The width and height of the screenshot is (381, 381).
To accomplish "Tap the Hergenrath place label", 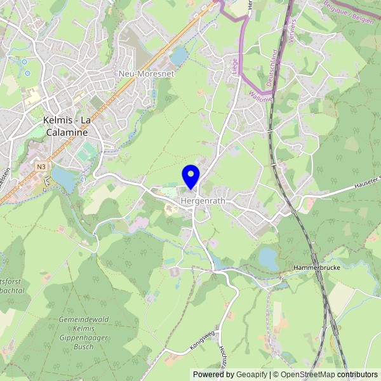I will click(203, 201).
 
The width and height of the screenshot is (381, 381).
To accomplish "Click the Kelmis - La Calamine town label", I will click(66, 126).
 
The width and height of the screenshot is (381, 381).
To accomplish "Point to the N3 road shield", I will click(41, 167).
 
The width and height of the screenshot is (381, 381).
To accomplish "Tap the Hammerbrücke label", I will click(317, 268).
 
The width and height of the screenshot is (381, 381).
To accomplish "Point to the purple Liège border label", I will click(234, 65).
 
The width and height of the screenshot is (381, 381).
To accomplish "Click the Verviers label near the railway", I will click(291, 29).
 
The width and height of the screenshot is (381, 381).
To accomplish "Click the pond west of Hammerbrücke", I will click(268, 258).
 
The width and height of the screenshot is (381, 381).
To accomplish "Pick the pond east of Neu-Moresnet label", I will click(179, 57).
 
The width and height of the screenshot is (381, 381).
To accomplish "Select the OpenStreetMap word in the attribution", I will click(309, 375).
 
